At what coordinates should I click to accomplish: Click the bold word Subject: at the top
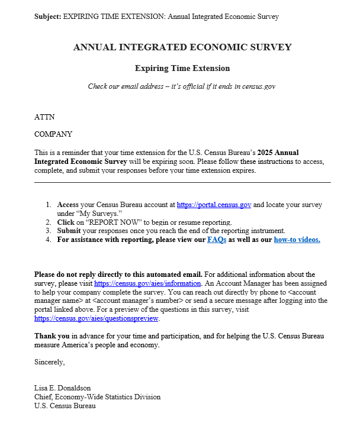(47, 16)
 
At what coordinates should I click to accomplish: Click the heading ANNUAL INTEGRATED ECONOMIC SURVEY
(182, 47)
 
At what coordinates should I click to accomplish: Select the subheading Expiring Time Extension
(182, 69)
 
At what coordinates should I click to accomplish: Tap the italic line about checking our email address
(182, 86)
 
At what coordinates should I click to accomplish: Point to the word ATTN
(44, 117)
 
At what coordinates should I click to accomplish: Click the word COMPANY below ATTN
(53, 134)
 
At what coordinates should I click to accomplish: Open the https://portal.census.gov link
(214, 205)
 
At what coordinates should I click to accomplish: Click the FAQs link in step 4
(217, 240)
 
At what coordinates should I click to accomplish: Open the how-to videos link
(297, 240)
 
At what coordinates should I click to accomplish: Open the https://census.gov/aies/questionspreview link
(97, 318)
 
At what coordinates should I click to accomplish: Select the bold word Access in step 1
(67, 205)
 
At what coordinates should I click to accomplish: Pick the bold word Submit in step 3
(69, 231)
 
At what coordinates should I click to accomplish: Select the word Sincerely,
(50, 361)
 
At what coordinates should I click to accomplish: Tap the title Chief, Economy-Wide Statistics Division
(97, 397)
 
